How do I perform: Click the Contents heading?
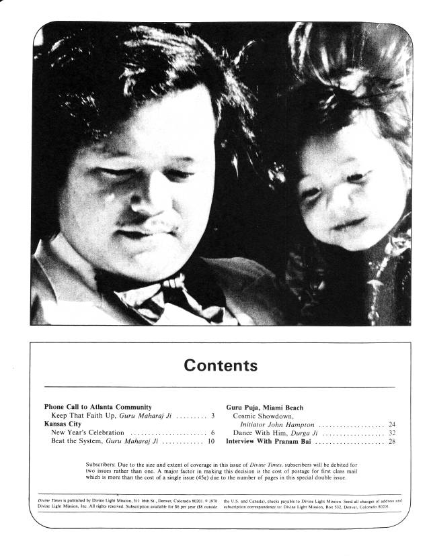[221, 366]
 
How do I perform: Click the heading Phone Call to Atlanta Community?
[98, 407]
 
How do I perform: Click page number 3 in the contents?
[212, 416]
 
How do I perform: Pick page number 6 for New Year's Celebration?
[212, 433]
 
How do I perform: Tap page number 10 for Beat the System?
[210, 442]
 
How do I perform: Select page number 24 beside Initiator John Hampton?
[391, 425]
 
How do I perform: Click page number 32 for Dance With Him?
[391, 434]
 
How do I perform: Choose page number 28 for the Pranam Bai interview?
[391, 442]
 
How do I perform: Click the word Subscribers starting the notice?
[104, 465]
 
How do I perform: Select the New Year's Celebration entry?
[87, 433]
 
